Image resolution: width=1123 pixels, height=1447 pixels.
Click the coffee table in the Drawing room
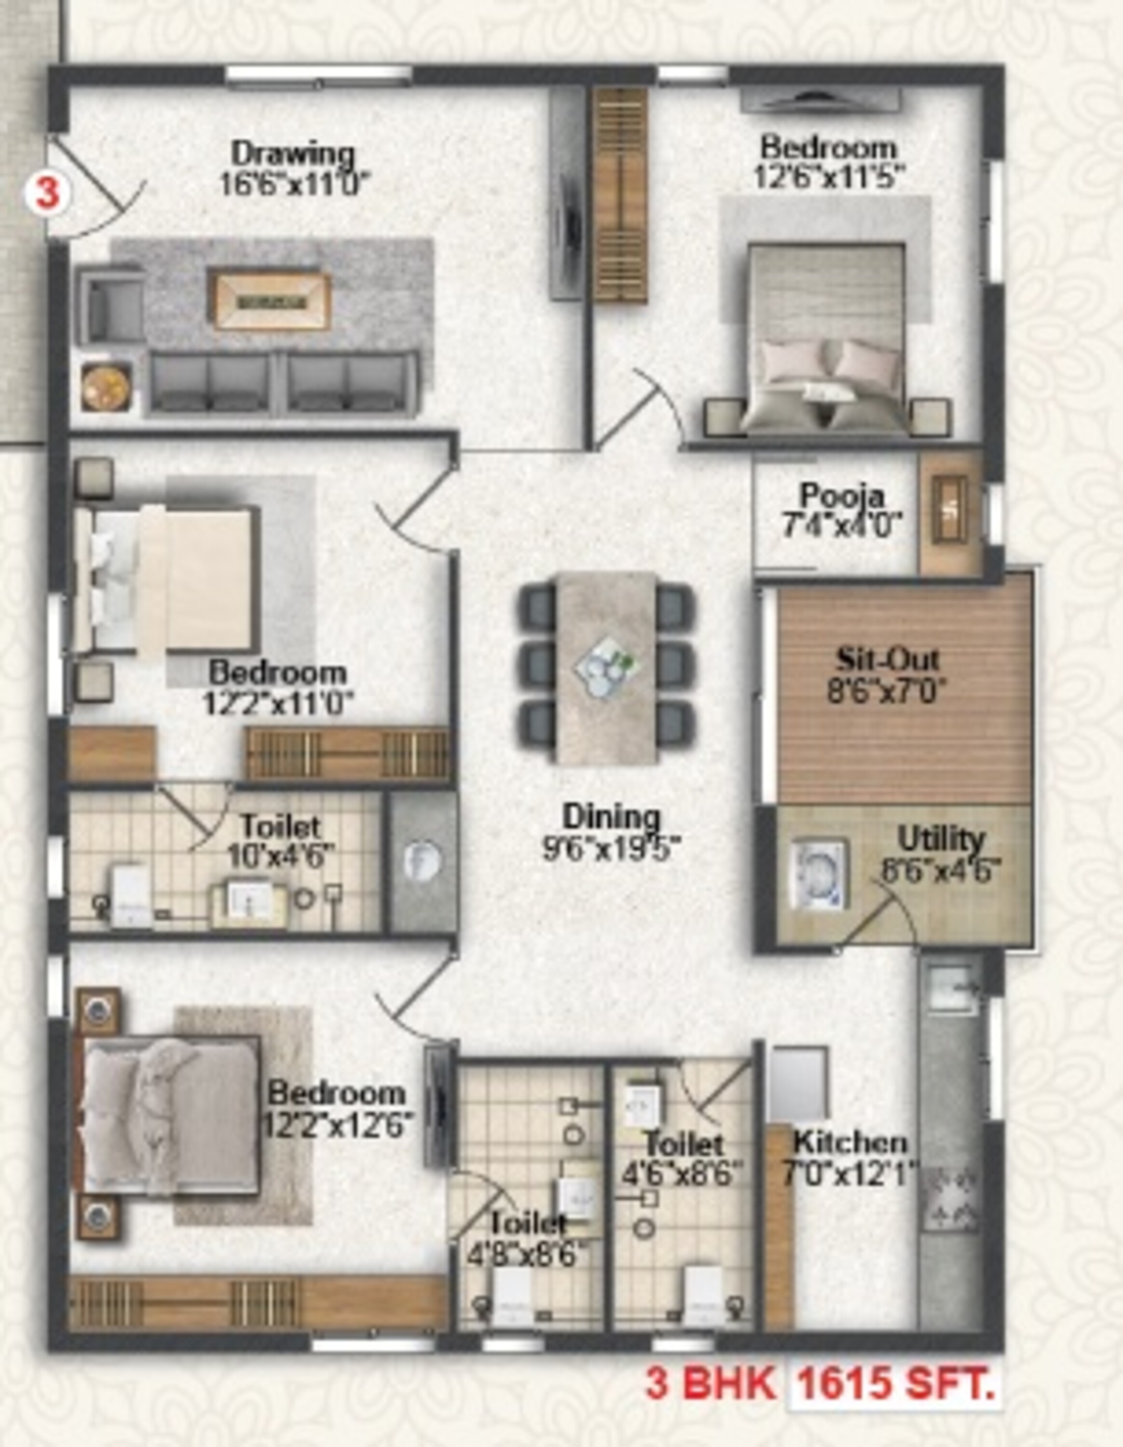point(271,301)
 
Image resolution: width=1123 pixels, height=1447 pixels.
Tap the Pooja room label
point(841,495)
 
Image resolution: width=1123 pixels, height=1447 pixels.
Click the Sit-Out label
point(887,659)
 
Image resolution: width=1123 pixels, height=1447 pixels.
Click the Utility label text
point(941,839)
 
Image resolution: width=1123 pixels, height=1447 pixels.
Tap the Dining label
point(611,816)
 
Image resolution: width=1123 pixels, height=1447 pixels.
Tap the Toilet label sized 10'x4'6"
point(280,827)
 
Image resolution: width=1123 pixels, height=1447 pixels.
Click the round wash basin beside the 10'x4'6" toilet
point(422,860)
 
